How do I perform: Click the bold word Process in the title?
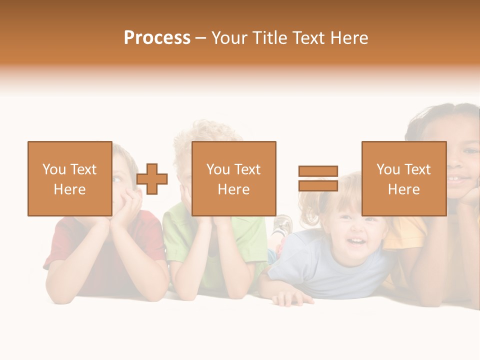tap(157, 38)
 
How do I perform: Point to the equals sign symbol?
tap(318, 178)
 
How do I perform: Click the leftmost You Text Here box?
tap(69, 178)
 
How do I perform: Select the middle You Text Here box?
tap(233, 178)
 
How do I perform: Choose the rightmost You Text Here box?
tap(403, 178)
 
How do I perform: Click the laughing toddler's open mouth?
tap(355, 242)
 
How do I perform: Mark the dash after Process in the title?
tap(200, 38)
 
